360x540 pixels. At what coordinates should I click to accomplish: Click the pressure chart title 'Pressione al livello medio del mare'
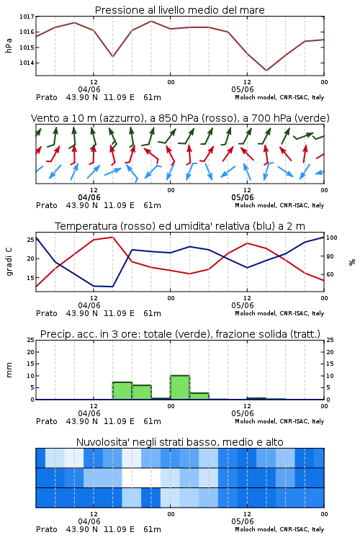point(179,10)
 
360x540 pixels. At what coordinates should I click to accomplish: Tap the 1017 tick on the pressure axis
point(27,16)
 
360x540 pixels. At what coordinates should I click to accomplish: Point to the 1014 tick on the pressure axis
point(27,63)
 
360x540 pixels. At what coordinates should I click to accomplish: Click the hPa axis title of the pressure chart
point(9,46)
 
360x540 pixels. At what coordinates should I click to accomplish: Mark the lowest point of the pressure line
point(266,71)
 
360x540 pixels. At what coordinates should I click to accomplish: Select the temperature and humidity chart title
point(180,226)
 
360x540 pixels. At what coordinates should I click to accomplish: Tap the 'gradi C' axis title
point(9,261)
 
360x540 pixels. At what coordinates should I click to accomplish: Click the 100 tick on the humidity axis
point(332,238)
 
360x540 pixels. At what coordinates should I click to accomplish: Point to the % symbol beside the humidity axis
point(352,262)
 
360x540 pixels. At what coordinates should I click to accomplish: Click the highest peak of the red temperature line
point(112,237)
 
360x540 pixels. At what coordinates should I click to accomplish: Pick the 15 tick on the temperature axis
point(30,278)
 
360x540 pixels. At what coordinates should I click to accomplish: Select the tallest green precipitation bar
point(180,387)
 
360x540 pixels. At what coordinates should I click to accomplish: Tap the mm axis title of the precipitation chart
point(9,370)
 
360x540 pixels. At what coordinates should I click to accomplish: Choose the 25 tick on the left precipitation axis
point(30,340)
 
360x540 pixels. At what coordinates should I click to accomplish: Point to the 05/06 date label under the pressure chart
point(243,89)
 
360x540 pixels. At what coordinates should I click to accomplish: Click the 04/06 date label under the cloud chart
point(89,521)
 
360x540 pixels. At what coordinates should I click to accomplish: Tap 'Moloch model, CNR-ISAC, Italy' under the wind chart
point(279,205)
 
